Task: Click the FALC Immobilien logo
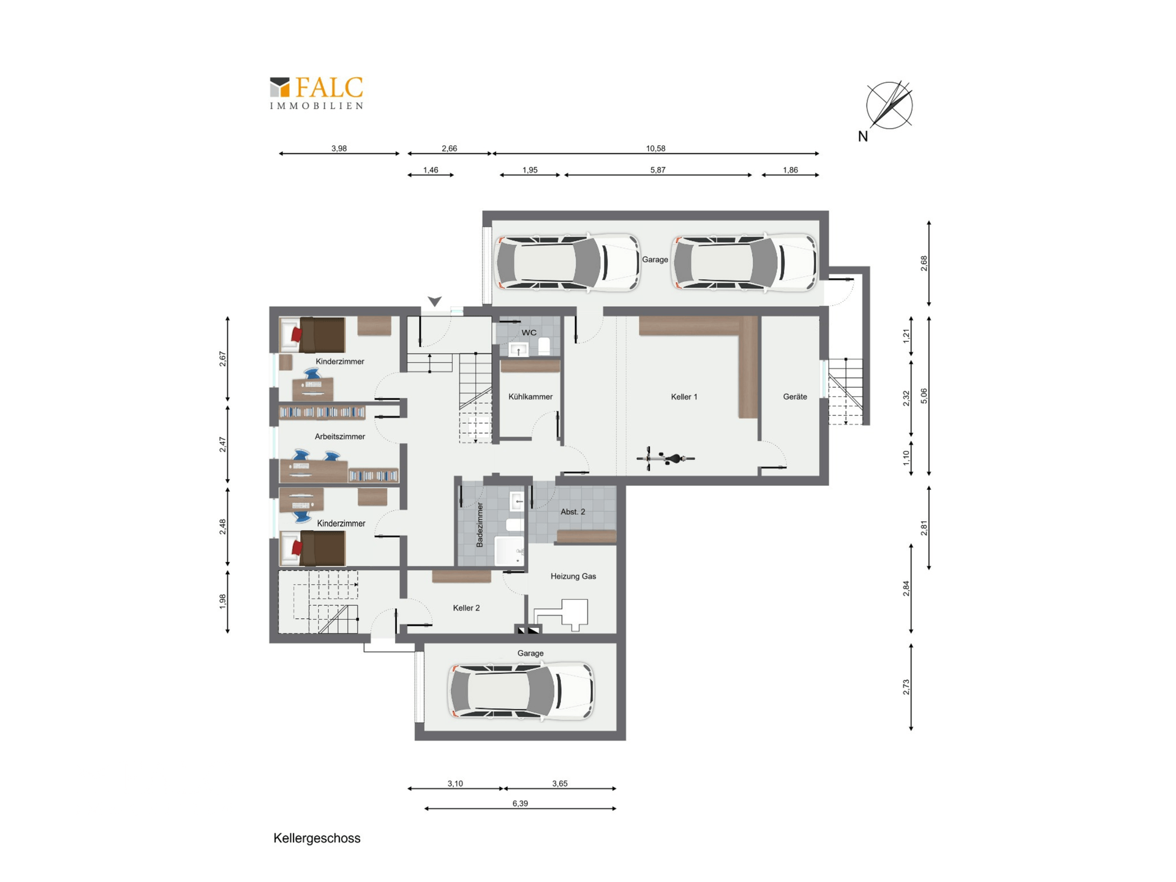point(317,93)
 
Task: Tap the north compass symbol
point(889,105)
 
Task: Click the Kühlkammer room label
point(530,397)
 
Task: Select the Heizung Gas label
point(573,576)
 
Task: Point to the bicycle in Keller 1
point(666,458)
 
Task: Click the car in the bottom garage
point(522,691)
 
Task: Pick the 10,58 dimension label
point(655,148)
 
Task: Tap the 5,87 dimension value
point(658,170)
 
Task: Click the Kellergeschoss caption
point(317,839)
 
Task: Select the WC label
point(529,333)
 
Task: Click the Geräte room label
point(795,397)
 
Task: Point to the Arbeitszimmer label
point(340,437)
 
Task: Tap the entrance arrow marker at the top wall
point(435,301)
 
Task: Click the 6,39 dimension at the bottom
point(520,804)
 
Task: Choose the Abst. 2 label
point(573,511)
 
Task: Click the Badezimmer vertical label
point(480,525)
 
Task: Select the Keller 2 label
point(466,608)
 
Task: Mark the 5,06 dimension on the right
point(924,396)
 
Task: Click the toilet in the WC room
point(544,347)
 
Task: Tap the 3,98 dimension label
point(339,148)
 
